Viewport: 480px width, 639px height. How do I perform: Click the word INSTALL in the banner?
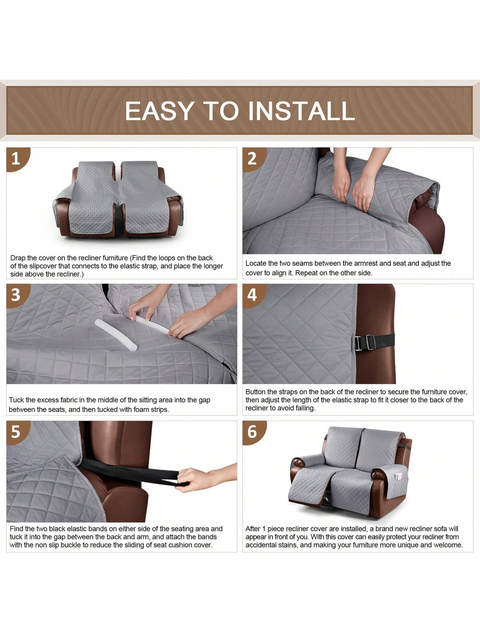(x=302, y=111)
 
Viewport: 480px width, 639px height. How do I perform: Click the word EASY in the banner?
(x=159, y=111)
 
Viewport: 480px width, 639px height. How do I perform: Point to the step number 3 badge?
(x=17, y=295)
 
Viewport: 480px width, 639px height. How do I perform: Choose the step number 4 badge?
(x=253, y=295)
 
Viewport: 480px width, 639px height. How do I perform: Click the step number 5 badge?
(x=17, y=432)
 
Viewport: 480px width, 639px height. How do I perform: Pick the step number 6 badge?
(x=253, y=432)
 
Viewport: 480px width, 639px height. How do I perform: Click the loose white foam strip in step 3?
(x=116, y=335)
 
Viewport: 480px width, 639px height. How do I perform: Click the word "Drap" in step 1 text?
(x=18, y=258)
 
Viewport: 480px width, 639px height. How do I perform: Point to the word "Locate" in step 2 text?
(x=256, y=263)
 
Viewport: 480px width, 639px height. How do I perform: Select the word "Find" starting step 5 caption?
(x=17, y=529)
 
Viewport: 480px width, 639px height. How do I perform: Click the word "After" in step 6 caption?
(x=253, y=529)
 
